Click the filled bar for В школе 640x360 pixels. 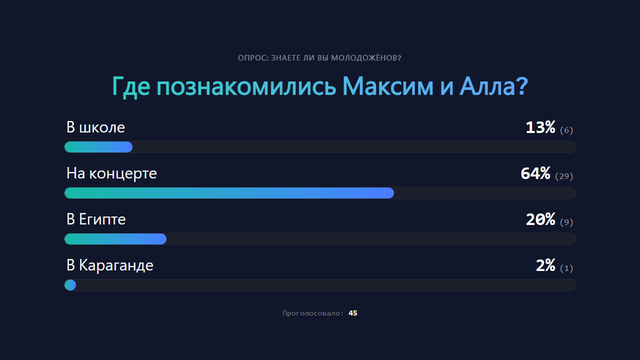tap(98, 147)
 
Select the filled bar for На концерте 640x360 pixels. tap(229, 193)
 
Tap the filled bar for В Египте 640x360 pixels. tap(115, 239)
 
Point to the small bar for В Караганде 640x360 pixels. tap(70, 285)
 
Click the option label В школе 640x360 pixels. tap(95, 127)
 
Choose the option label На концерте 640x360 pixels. tap(111, 173)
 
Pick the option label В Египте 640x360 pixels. tap(96, 219)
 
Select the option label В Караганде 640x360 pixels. tap(110, 265)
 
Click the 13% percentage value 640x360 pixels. tap(540, 128)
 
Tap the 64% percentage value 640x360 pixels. tap(535, 174)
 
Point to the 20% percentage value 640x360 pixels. tap(540, 220)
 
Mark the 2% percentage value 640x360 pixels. tap(545, 266)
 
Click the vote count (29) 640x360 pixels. tap(564, 176)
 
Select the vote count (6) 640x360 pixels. tap(566, 130)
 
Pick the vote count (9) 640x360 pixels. tap(566, 222)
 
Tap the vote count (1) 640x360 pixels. tap(566, 268)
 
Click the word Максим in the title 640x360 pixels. tap(388, 87)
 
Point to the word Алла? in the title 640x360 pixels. tap(493, 87)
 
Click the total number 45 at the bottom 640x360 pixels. tap(353, 313)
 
